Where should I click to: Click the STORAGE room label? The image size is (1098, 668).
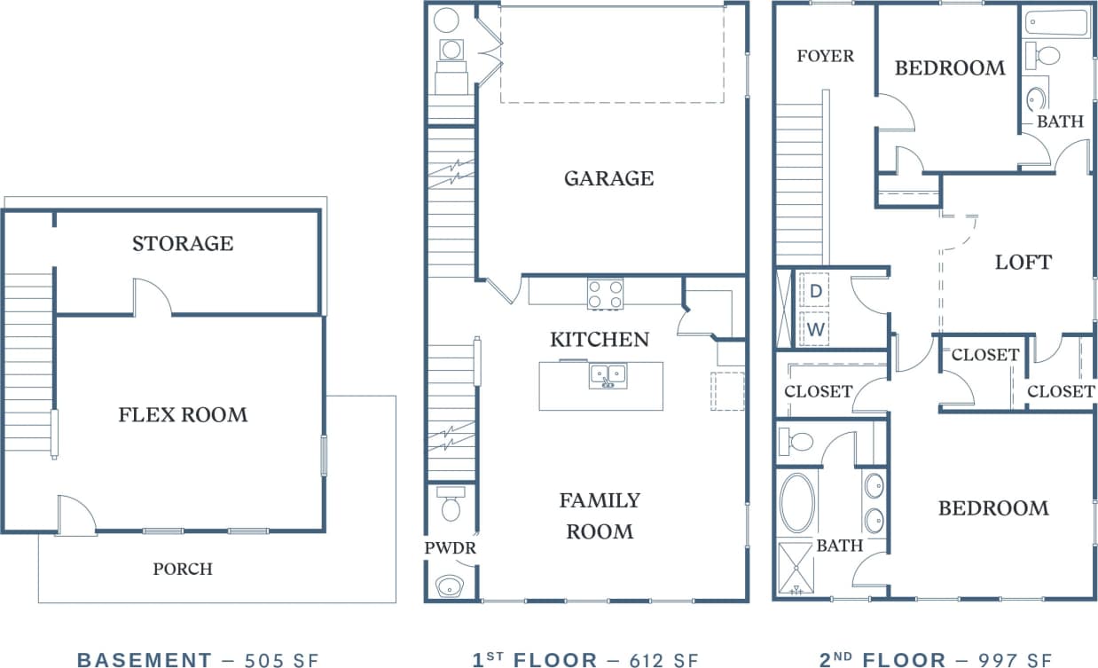pos(183,243)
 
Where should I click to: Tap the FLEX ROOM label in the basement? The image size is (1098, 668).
pos(183,414)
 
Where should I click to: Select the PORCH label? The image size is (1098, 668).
pos(183,569)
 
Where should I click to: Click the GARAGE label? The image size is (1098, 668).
pos(608,178)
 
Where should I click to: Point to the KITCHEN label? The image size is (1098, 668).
pos(600,339)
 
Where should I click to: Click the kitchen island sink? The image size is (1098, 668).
pos(608,376)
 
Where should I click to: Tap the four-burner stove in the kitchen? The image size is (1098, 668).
pos(605,294)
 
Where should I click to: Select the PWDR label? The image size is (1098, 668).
pos(451,548)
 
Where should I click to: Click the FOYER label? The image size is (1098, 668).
pos(825,56)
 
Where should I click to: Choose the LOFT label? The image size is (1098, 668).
pos(1023,263)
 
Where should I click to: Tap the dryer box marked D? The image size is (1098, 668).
pos(815,290)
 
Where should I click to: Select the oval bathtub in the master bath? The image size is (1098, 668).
pos(797,503)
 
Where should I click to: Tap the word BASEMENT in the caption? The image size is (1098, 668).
pos(144,659)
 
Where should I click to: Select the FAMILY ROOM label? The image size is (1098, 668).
pos(600,515)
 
